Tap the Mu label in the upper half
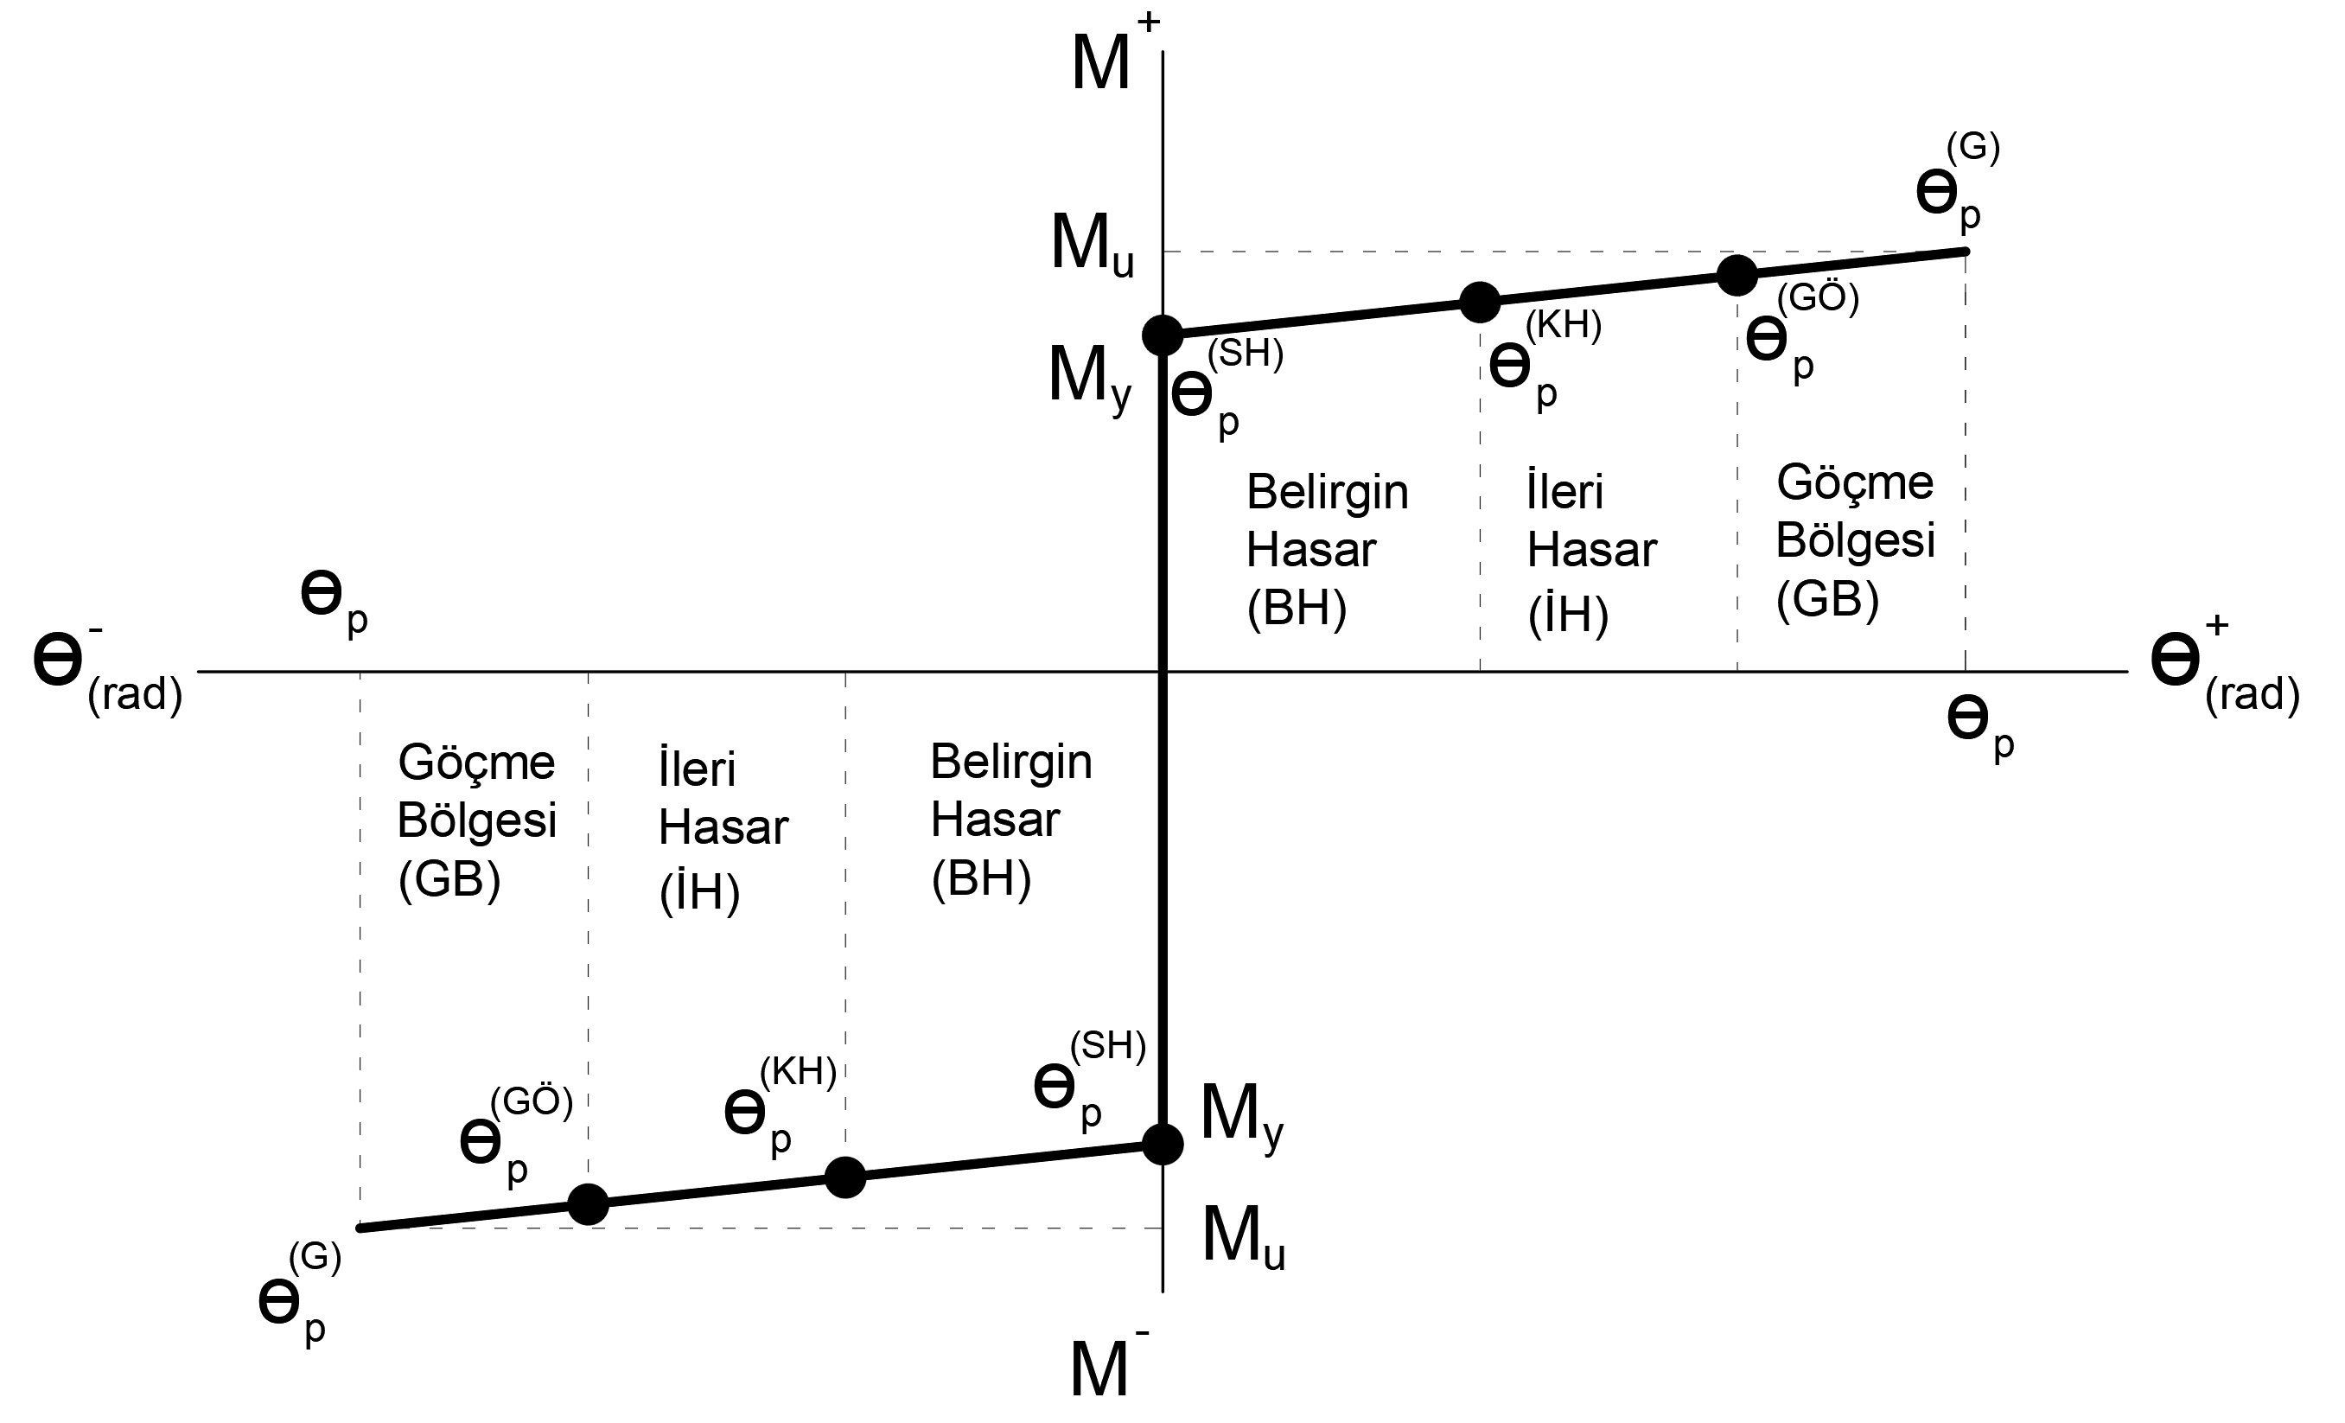click(1092, 246)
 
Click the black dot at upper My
click(1162, 334)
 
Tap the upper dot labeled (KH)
click(1480, 303)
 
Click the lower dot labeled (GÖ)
click(588, 1204)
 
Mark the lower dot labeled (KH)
click(845, 1177)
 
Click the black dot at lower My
click(1162, 1144)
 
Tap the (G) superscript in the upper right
click(1972, 148)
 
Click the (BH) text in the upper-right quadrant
click(1297, 607)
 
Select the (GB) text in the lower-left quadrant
click(449, 878)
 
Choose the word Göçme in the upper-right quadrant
click(1855, 482)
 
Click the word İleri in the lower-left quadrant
click(697, 769)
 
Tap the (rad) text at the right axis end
click(2252, 694)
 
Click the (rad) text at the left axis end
click(134, 695)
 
